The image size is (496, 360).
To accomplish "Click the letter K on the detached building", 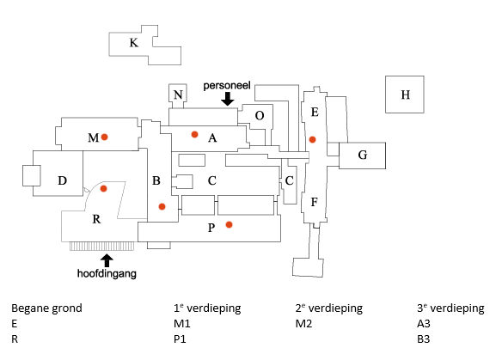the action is (134, 43).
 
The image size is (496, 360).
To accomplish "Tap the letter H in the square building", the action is (406, 95).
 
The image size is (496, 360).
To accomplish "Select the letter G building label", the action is (363, 155).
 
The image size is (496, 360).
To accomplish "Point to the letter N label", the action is (178, 95).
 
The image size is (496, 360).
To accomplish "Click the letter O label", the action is (260, 116).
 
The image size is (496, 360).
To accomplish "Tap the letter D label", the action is (62, 180).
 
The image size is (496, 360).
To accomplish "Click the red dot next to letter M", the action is (104, 137).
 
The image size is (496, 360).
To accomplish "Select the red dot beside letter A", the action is (194, 134).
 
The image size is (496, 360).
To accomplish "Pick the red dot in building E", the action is (313, 139).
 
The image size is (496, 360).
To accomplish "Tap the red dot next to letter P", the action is (229, 224).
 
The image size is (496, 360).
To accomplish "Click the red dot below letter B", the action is (162, 206).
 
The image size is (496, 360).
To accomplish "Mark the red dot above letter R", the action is (103, 188).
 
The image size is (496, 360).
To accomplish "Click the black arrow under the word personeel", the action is (228, 99).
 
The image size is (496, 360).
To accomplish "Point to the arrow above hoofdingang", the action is (107, 260).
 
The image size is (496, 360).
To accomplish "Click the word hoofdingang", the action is (107, 274).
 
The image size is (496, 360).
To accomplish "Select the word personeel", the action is (227, 86).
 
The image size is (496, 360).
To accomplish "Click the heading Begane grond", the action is (46, 308).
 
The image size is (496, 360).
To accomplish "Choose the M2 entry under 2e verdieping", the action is (303, 324).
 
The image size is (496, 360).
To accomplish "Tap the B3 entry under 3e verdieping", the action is (423, 339).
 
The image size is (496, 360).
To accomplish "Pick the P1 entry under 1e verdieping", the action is (180, 339).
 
